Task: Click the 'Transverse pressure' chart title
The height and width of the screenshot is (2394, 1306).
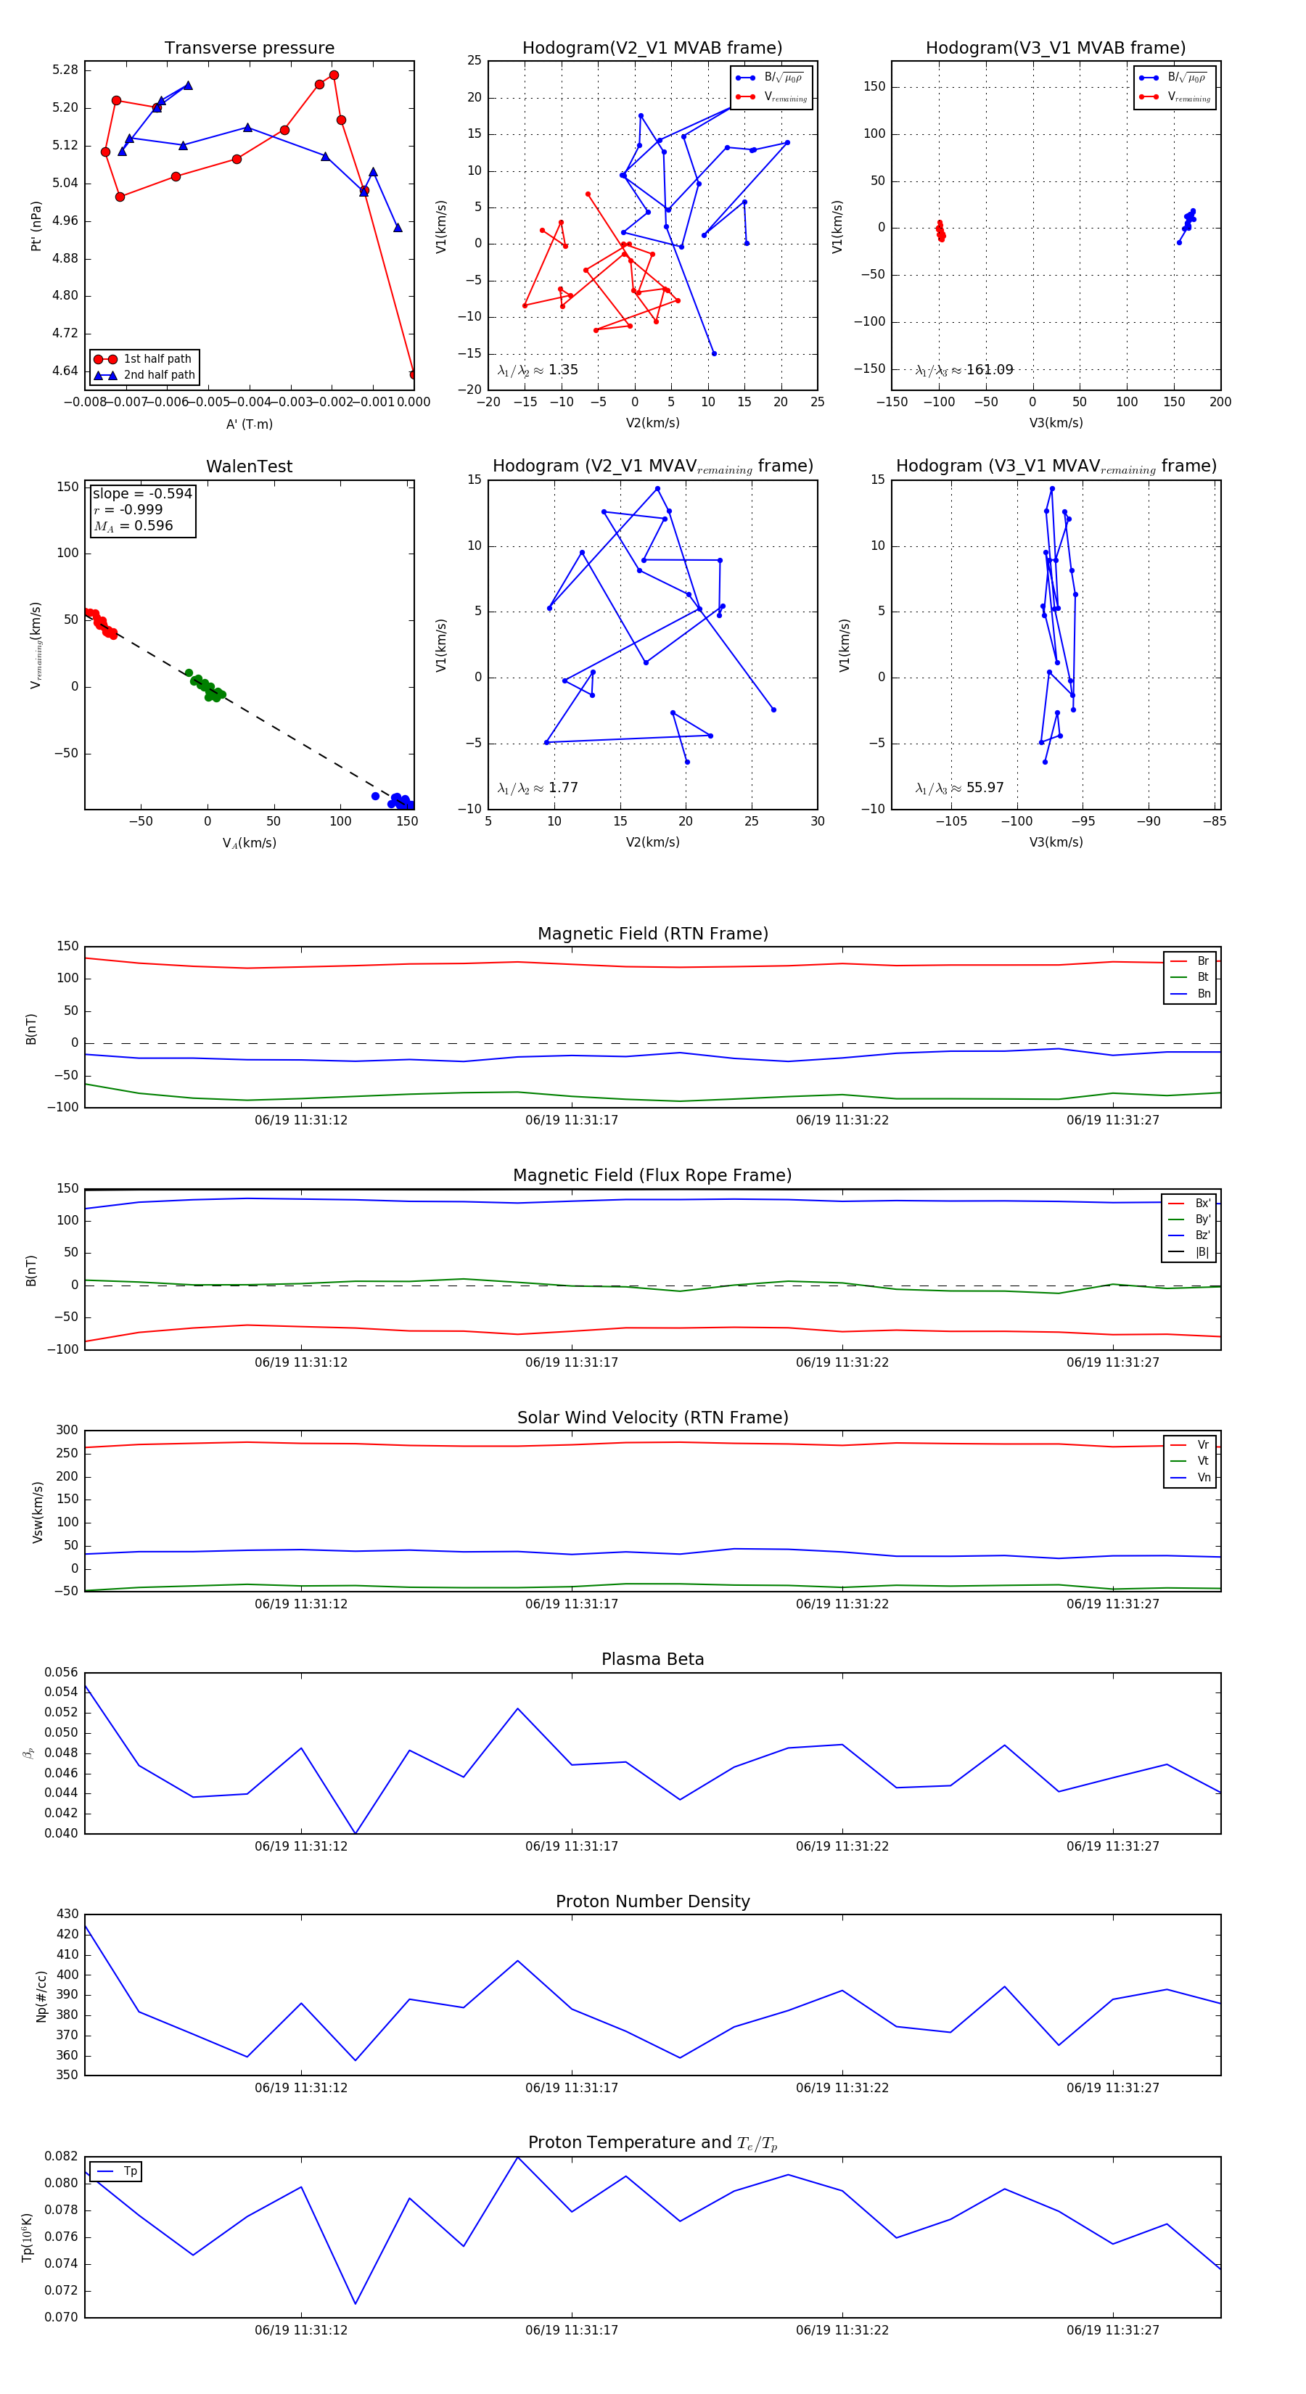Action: pyautogui.click(x=249, y=49)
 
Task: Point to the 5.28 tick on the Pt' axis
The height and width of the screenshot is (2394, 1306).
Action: pyautogui.click(x=65, y=70)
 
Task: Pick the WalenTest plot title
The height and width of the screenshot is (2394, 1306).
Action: pyautogui.click(x=249, y=466)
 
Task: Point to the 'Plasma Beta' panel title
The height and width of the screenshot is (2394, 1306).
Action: pyautogui.click(x=652, y=1659)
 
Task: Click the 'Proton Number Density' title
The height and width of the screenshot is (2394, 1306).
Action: pyautogui.click(x=652, y=1901)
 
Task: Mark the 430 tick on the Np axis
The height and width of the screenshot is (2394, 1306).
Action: pyautogui.click(x=67, y=1914)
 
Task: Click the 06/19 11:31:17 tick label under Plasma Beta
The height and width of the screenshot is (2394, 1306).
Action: pyautogui.click(x=572, y=1846)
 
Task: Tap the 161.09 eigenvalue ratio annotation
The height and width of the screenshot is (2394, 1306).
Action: pyautogui.click(x=989, y=370)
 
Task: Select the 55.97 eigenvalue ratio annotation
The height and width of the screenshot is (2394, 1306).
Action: pyautogui.click(x=985, y=788)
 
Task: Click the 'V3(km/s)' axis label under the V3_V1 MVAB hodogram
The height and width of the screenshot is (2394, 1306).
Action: pyautogui.click(x=1056, y=423)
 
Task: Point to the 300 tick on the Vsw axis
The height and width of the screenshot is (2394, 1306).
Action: pyautogui.click(x=67, y=1431)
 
